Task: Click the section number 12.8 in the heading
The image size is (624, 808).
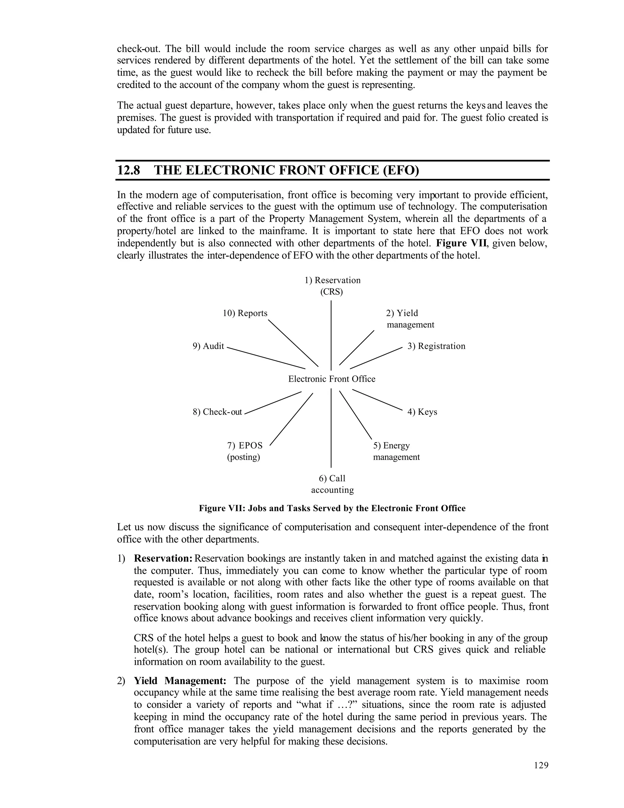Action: pos(128,170)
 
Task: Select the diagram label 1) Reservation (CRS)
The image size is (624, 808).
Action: pos(332,286)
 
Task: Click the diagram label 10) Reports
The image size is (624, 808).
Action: pos(245,313)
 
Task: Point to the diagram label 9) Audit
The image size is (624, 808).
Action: pos(208,346)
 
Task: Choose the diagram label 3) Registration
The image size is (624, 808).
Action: pos(436,346)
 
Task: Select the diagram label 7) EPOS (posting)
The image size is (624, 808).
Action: pos(244,451)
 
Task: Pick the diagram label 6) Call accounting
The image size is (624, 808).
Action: pos(332,484)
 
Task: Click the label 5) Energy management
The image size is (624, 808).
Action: pos(396,451)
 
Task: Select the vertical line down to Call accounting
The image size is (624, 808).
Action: pos(331,429)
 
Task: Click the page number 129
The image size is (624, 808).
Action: pos(541,765)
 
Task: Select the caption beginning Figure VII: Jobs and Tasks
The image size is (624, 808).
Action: pos(332,508)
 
